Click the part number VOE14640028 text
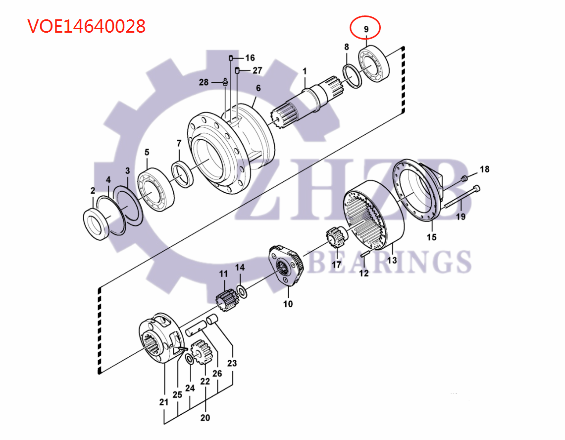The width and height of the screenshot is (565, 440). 86,26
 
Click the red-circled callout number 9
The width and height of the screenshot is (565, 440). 365,29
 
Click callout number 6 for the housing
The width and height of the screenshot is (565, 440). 258,89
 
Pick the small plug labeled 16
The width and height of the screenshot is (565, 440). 231,58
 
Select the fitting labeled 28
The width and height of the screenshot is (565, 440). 225,82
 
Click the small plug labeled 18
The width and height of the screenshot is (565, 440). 464,178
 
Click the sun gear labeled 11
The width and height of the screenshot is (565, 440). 224,298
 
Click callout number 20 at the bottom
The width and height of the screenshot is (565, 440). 205,418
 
